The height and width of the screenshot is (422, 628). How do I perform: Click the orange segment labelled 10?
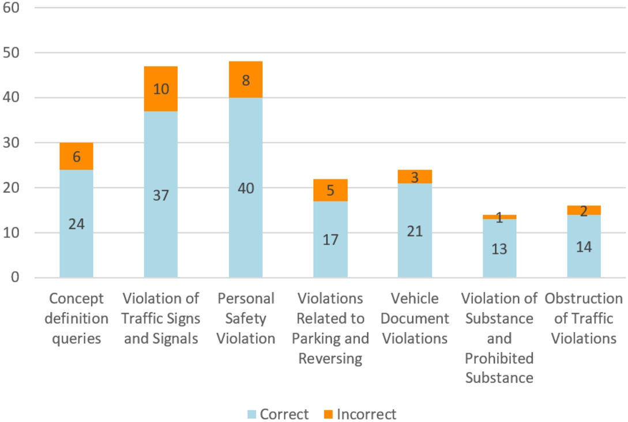161,89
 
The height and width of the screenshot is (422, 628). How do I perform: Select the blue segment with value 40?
246,188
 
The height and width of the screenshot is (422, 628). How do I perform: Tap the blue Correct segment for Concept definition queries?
76,223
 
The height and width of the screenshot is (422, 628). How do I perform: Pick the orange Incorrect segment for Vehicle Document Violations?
415,177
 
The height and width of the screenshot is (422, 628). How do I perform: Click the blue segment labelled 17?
330,239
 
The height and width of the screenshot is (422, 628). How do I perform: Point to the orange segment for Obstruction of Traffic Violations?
584,210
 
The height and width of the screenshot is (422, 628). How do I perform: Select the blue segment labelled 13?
499,248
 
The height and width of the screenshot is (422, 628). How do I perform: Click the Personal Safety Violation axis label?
246,318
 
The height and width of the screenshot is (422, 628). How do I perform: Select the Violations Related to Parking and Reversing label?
330,328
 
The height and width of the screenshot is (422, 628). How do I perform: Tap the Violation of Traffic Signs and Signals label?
161,318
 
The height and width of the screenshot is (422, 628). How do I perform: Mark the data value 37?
161,195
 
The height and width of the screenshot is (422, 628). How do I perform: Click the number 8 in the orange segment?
246,81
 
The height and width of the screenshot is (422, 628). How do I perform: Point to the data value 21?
415,231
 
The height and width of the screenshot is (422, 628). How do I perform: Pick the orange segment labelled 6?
76,156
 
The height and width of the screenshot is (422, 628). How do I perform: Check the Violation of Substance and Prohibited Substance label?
499,338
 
